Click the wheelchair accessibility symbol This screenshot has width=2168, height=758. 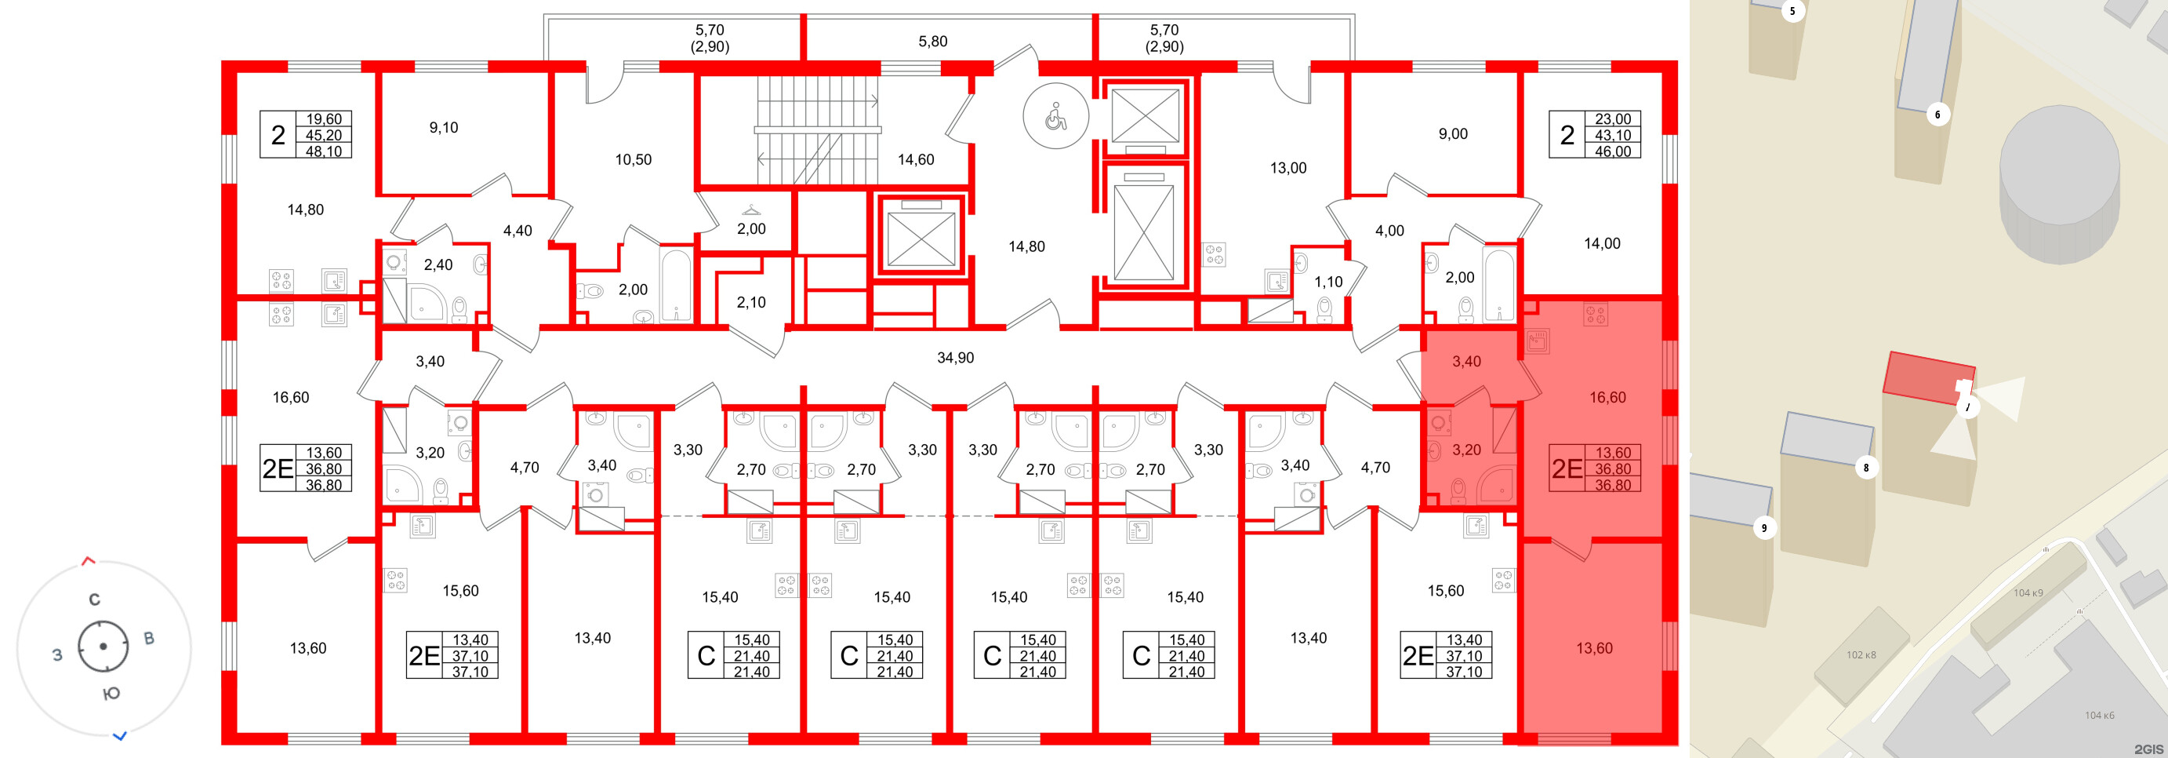[x=1055, y=117]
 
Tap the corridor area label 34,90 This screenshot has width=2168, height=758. [x=955, y=358]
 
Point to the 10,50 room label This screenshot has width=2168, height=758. [x=633, y=159]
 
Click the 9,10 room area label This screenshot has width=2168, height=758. [x=444, y=128]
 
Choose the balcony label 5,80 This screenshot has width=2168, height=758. [x=932, y=42]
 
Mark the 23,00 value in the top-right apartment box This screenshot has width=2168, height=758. [x=1613, y=119]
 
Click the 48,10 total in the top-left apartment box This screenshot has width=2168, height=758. [x=324, y=151]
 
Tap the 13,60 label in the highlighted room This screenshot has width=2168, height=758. [x=1594, y=647]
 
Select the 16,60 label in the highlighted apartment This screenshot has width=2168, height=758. [x=1607, y=398]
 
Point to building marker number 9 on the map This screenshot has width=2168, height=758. [x=1764, y=528]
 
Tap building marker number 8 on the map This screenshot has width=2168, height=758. [x=1866, y=468]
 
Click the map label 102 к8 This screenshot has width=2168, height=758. [x=1861, y=654]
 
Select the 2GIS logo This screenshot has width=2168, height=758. [x=2148, y=749]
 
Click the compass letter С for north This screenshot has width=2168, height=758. [x=94, y=599]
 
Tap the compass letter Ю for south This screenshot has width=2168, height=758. [x=111, y=694]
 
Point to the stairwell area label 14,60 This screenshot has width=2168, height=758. [x=916, y=159]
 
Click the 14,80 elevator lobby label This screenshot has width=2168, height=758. [x=1027, y=246]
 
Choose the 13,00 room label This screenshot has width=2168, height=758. [x=1287, y=169]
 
